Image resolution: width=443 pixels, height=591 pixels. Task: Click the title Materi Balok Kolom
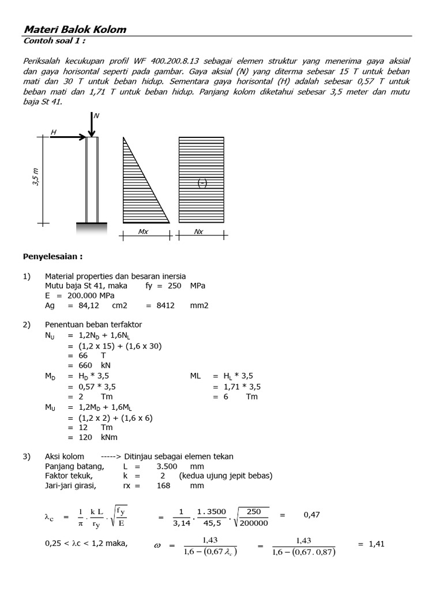74,29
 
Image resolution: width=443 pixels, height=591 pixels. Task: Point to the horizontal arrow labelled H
66,137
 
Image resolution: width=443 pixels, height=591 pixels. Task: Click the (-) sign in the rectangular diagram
202,183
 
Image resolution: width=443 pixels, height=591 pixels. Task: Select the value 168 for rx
164,486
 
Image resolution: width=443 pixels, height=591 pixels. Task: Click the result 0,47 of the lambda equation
311,515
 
